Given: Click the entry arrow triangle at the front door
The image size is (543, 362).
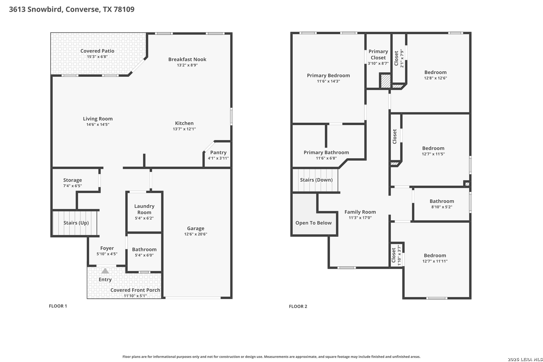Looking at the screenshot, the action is coord(105,271).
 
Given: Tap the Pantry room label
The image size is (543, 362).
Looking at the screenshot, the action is coord(218,153).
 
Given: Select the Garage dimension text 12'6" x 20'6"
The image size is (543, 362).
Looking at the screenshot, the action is coord(196,234).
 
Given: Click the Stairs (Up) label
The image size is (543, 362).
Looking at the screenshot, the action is coord(76,223).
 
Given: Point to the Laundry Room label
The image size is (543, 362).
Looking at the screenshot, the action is coord(144,209).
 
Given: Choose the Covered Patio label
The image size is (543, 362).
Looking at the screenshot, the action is coord(97,51).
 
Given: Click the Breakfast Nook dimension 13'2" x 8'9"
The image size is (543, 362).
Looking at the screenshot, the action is coord(187,65).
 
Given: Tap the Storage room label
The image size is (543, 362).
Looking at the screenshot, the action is coord(72,180).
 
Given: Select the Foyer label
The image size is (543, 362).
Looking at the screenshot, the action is coord(107,248).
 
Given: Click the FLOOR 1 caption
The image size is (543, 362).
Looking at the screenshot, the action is coord(58,306).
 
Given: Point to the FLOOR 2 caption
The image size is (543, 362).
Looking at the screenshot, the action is coord(298,306).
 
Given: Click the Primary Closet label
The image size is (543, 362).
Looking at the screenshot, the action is coord(378,55).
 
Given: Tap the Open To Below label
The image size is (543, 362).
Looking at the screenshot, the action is coord(313,223).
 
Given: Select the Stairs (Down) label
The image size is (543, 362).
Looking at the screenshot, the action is coord(316,180).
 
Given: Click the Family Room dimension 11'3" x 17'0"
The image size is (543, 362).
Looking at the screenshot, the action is coord(360,218).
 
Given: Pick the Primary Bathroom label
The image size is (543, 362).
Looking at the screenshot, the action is coord(326,153).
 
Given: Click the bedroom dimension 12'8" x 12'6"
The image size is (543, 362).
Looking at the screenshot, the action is coord(435,78).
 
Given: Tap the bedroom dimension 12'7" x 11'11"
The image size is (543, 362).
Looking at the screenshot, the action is coord(435,261).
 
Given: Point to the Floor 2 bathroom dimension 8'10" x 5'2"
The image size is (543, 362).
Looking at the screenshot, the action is coord(442,207).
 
